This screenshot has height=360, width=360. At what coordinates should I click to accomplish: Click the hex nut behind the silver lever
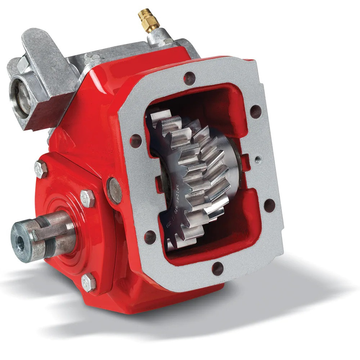click(23, 65)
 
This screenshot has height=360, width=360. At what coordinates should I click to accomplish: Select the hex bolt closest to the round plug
click(87, 198)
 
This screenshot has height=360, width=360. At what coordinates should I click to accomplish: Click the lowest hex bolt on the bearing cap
click(89, 283)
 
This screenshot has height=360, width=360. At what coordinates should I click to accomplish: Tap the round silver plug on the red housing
click(115, 190)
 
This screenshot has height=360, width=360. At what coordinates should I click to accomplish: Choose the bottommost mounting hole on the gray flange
click(217, 268)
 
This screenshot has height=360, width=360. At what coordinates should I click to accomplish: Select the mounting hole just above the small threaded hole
click(256, 112)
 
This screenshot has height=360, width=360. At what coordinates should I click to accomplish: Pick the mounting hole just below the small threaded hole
click(269, 206)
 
